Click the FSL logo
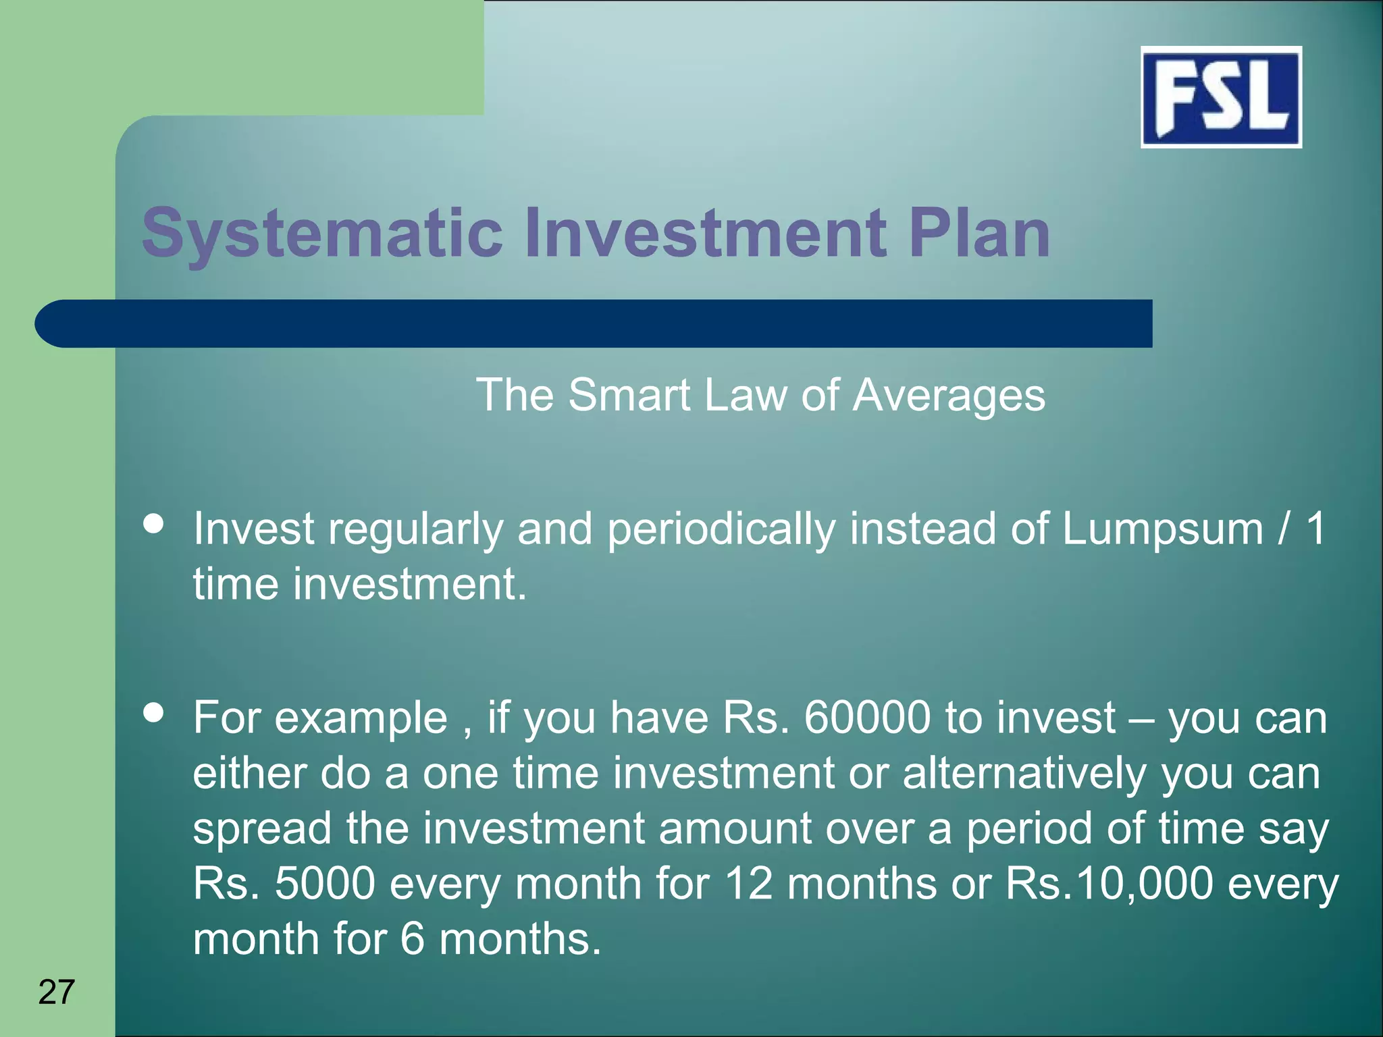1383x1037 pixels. point(1221,97)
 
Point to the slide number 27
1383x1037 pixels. point(57,992)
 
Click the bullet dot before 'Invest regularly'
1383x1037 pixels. point(154,525)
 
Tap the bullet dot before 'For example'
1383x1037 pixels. point(154,713)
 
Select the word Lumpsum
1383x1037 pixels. point(1162,529)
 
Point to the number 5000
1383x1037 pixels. point(325,883)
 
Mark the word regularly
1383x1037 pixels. point(415,529)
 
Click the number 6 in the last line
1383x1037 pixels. point(412,939)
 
